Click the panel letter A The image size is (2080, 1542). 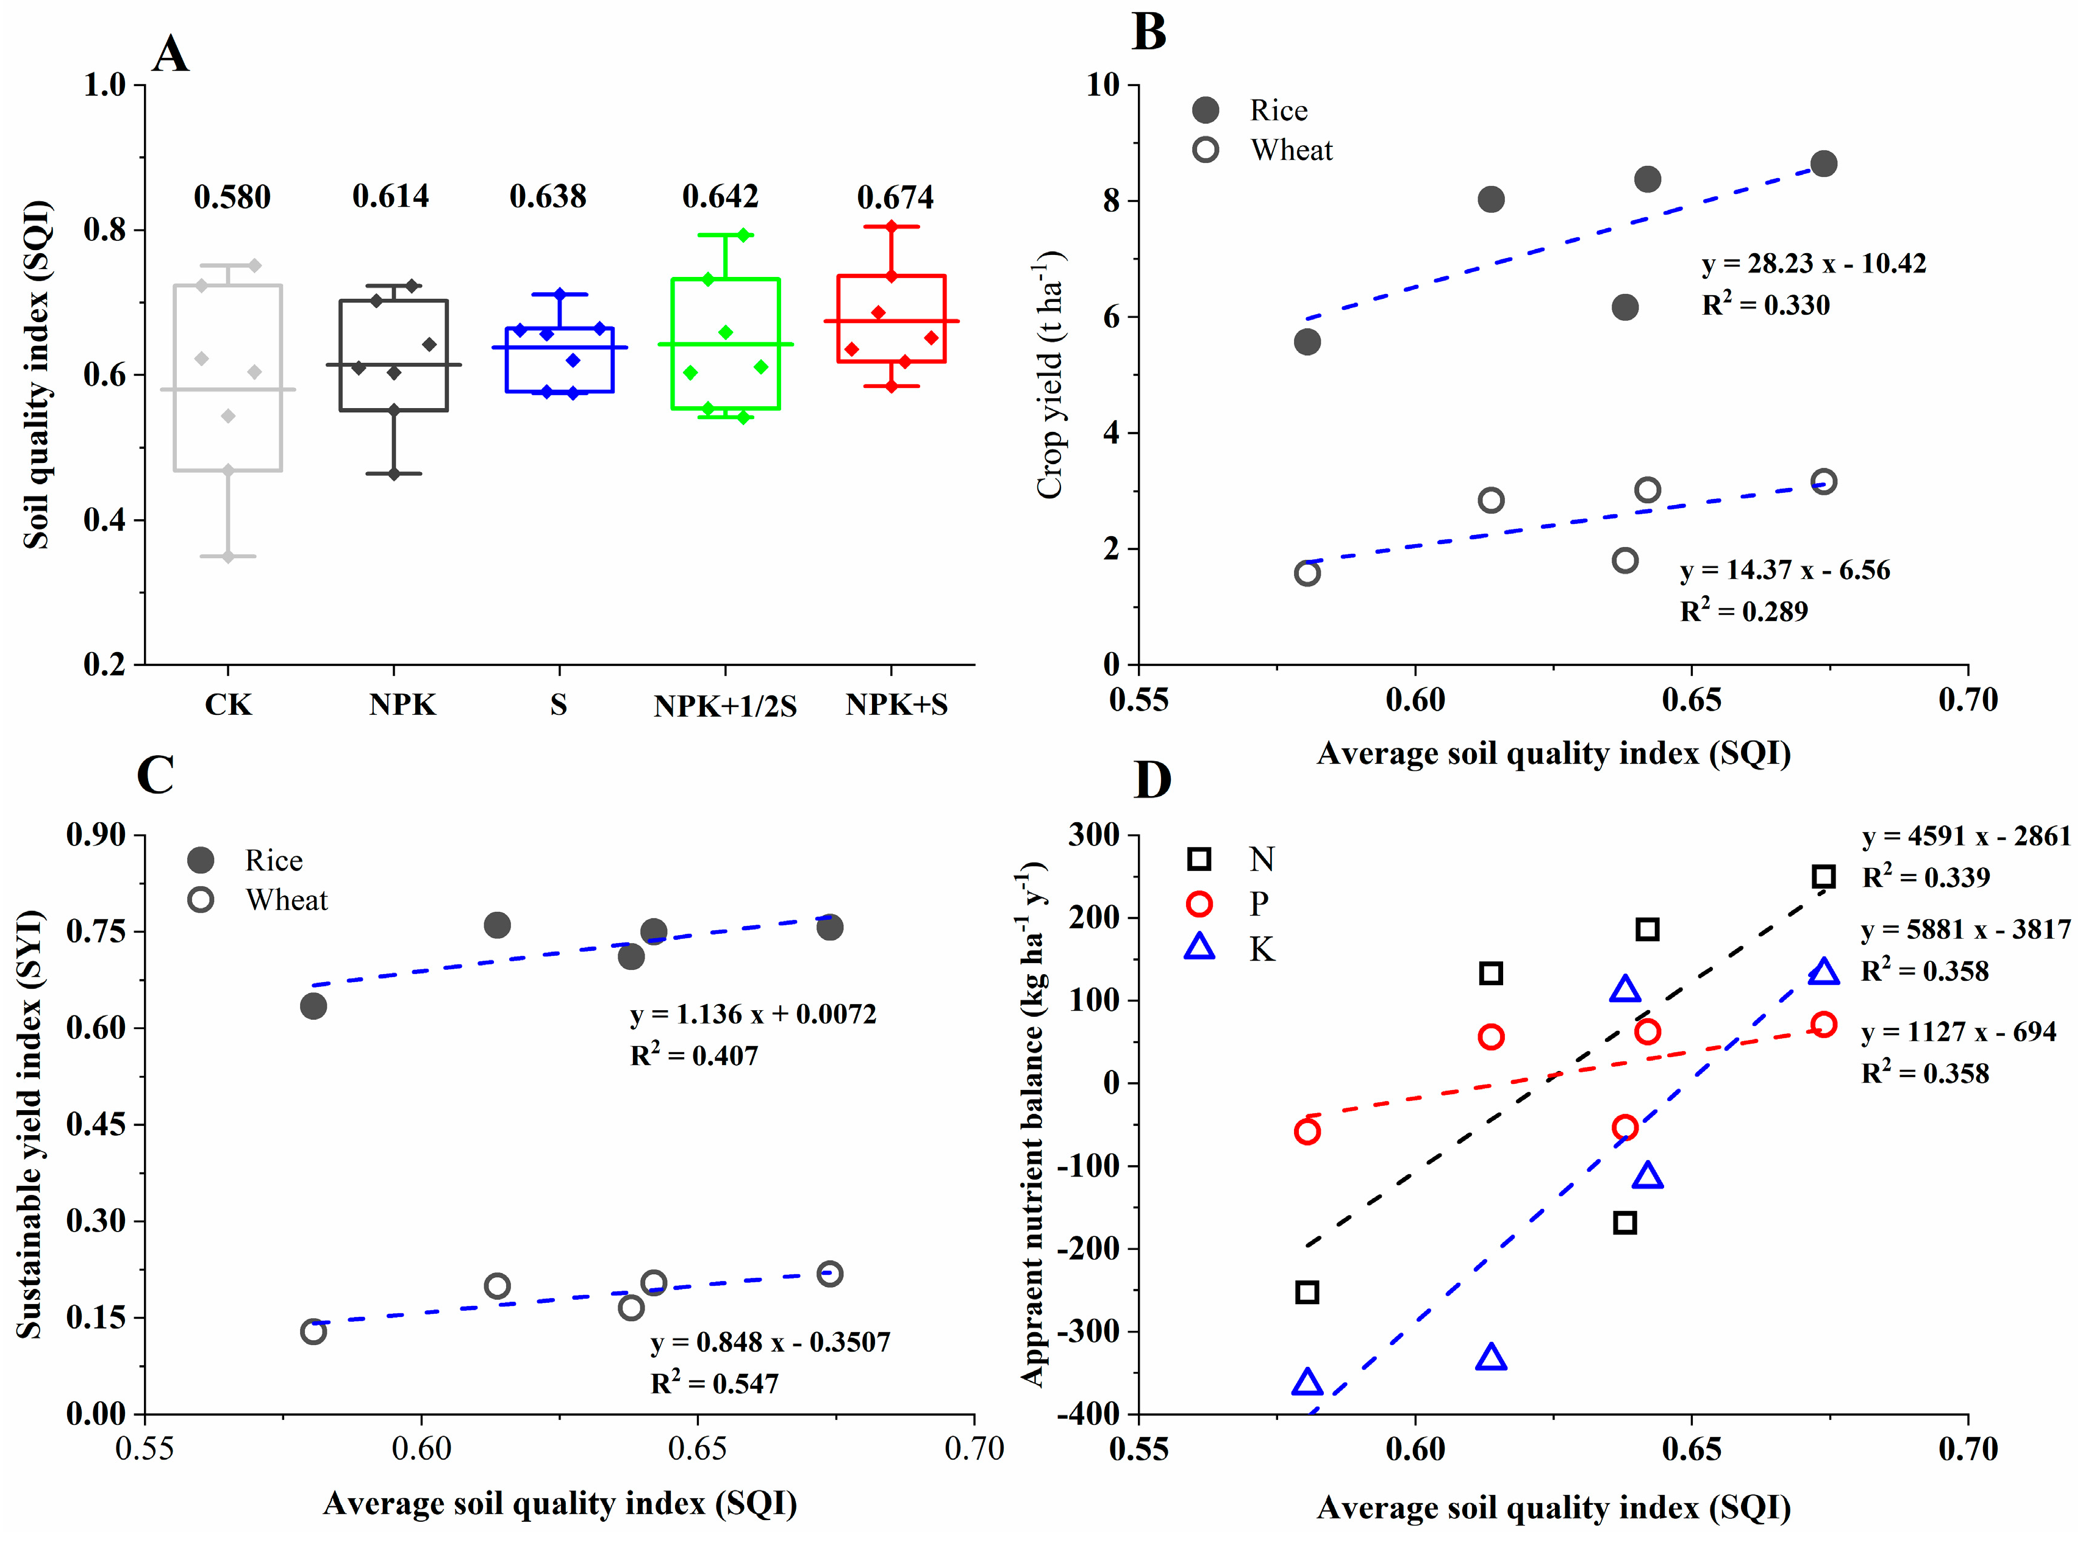click(x=171, y=54)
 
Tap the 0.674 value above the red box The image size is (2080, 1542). click(x=895, y=197)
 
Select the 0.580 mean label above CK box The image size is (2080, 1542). click(x=232, y=197)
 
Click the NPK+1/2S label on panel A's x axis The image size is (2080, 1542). click(x=725, y=706)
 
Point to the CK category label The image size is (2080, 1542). click(x=229, y=704)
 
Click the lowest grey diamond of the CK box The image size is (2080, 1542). click(x=229, y=556)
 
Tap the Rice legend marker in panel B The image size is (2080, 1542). click(x=1206, y=110)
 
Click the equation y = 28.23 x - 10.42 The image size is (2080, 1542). click(x=1813, y=264)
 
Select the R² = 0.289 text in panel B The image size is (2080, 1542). click(x=1743, y=611)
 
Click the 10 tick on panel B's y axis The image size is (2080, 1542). click(x=1103, y=85)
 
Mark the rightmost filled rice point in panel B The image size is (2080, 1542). click(x=1823, y=164)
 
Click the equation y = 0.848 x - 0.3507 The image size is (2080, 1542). click(x=770, y=1343)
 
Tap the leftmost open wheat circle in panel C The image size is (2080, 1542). click(x=313, y=1331)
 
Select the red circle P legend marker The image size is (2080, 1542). click(x=1199, y=903)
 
